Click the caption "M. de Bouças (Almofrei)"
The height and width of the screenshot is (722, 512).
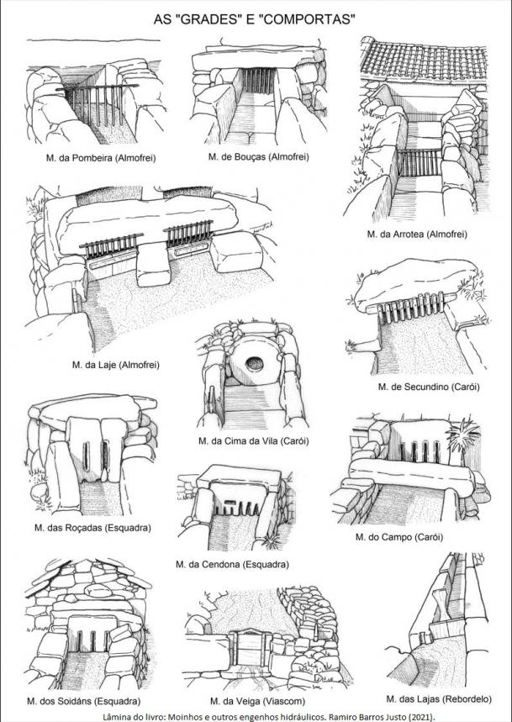click(258, 156)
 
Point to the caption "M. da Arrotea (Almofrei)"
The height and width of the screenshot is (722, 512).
click(416, 234)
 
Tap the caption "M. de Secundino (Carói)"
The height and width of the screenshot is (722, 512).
click(429, 386)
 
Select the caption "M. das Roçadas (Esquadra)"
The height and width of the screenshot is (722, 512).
click(92, 528)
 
